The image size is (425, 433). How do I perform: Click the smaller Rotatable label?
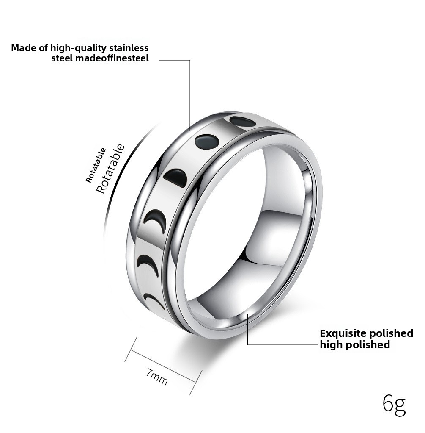coord(96,165)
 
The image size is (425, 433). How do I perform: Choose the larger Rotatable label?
coord(110,169)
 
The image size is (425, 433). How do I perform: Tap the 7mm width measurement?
coord(156,377)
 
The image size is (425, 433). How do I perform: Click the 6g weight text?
coord(394,405)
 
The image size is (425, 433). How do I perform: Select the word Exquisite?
coord(343,333)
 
